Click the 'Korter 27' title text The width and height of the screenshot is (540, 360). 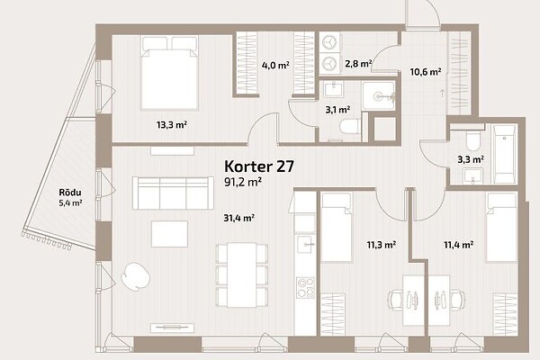tap(259, 166)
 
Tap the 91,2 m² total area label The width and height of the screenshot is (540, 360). tap(243, 182)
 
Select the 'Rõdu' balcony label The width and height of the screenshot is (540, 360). tap(70, 193)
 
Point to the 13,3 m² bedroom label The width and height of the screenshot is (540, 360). tap(172, 125)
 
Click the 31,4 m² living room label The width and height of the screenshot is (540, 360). tap(238, 218)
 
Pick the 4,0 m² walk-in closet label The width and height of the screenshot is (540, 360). tap(275, 65)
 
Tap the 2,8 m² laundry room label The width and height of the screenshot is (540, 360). tap(358, 64)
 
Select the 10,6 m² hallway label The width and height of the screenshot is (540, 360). tap(426, 72)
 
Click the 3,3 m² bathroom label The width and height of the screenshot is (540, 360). tap(471, 159)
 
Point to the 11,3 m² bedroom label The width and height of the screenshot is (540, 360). tap(381, 245)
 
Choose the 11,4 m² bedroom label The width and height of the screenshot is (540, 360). tap(458, 245)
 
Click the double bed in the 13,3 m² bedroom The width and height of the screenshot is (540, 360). tap(170, 73)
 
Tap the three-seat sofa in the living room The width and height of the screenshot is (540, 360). tap(173, 193)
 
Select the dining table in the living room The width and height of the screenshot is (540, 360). tap(242, 274)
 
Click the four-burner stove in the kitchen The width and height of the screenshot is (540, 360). tap(305, 288)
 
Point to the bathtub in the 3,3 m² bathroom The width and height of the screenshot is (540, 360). tap(505, 154)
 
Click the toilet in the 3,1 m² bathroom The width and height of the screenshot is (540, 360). tap(350, 126)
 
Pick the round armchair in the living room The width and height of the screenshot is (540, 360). tap(135, 276)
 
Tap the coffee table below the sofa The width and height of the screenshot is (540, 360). tap(169, 234)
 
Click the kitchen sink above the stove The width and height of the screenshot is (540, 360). tap(305, 245)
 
